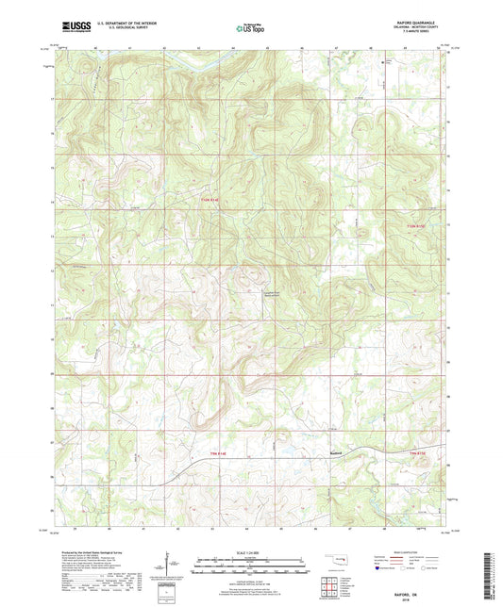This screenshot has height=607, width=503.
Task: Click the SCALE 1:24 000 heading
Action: coord(250,552)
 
